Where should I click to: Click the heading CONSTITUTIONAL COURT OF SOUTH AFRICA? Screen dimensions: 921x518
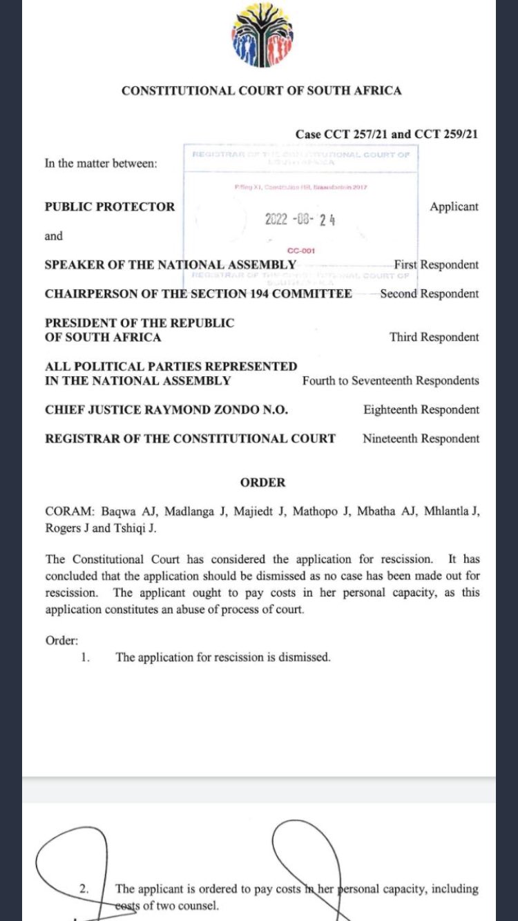pos(261,90)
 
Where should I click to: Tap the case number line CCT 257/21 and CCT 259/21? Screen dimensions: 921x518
pos(386,134)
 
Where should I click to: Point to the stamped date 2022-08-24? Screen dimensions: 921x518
pos(300,220)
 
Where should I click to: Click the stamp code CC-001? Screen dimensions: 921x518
pos(300,251)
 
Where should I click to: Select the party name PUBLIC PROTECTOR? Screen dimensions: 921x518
pos(110,206)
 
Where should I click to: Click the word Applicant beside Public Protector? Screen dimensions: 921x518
pos(454,206)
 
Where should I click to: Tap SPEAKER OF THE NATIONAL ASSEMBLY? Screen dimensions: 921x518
pos(171,264)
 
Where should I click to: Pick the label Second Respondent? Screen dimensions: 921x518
pos(430,293)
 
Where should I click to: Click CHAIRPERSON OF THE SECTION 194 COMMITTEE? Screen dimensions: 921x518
pos(198,293)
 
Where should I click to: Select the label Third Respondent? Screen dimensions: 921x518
pos(434,337)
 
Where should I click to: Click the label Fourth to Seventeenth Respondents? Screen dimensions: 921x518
pos(390,380)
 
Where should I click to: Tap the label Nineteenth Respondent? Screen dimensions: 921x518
pos(421,438)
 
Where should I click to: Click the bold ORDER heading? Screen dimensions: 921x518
pos(262,483)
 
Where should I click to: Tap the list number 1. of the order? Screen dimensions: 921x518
pos(85,657)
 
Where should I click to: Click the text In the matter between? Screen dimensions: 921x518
pos(101,164)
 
